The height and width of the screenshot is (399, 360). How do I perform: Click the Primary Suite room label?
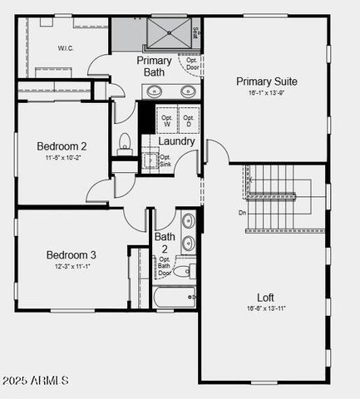(x=266, y=81)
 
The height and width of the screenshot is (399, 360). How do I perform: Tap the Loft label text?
(x=265, y=297)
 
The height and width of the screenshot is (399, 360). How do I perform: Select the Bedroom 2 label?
(x=62, y=146)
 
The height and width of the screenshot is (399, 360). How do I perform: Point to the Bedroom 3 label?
(x=71, y=254)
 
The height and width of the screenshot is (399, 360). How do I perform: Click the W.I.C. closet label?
(x=67, y=48)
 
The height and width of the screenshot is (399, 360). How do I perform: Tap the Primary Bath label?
(x=155, y=66)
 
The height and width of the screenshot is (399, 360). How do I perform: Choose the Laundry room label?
(x=177, y=141)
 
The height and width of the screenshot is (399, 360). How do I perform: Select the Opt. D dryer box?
(x=189, y=119)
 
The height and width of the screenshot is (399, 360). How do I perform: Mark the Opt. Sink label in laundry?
(x=165, y=160)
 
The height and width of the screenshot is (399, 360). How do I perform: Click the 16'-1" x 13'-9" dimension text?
(x=266, y=94)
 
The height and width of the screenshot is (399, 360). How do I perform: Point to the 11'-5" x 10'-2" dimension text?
(x=62, y=158)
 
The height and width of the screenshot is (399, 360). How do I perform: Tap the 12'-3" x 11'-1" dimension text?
(x=71, y=267)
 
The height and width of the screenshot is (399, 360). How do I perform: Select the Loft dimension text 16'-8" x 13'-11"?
(x=265, y=308)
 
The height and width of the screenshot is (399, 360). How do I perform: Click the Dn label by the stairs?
(x=242, y=213)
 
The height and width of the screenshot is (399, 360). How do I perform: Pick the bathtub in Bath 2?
(x=174, y=297)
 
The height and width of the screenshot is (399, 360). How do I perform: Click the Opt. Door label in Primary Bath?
(x=192, y=63)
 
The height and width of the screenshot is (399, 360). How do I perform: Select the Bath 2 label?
(x=165, y=243)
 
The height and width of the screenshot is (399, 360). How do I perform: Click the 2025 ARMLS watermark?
(x=35, y=380)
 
